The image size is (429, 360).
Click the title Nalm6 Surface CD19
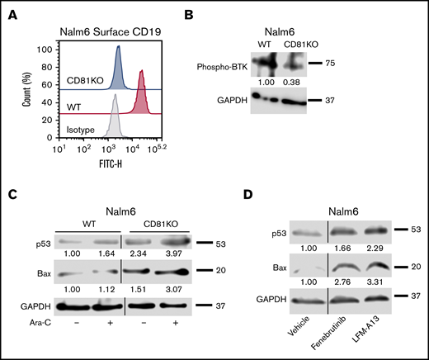pyautogui.click(x=115, y=22)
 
